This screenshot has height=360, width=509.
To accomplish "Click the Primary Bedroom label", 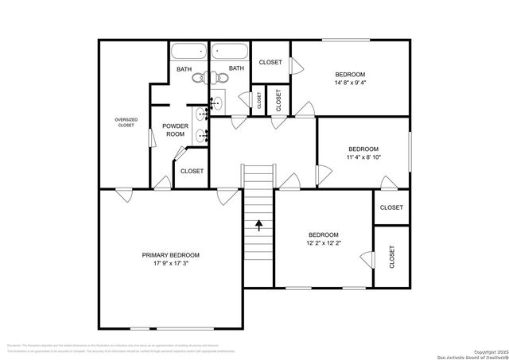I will click(170, 255).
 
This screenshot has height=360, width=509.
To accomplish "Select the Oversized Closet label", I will click(126, 122).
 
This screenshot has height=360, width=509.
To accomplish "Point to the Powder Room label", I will click(175, 130).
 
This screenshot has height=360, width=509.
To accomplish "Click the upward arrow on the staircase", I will click(258, 225).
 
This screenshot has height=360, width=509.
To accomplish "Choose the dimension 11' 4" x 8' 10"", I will click(363, 157).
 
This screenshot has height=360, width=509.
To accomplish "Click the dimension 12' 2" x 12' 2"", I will click(324, 242).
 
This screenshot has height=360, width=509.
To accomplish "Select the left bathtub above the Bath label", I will click(188, 52).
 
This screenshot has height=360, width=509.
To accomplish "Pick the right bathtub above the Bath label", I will click(231, 52).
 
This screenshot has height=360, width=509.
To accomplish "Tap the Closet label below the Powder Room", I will click(192, 171).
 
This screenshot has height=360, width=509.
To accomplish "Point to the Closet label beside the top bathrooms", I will click(270, 62).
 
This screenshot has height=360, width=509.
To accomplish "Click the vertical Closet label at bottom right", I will click(392, 257).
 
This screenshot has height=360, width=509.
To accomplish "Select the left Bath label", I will click(184, 69).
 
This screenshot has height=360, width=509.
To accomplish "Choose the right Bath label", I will click(236, 69).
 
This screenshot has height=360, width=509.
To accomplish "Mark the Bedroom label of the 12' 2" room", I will click(324, 234).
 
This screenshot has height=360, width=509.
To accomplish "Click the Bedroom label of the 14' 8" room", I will click(349, 73).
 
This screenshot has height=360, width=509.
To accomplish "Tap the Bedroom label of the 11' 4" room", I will click(363, 149).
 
